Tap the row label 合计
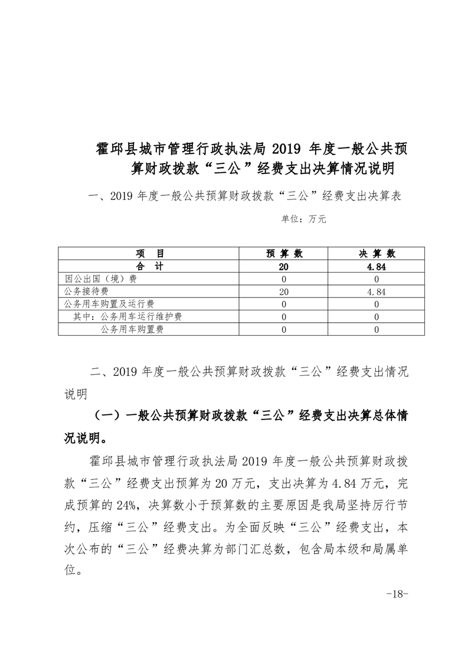tap(149, 266)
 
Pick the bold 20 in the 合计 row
tap(284, 267)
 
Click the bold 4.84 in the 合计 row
tap(377, 267)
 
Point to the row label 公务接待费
tap(85, 291)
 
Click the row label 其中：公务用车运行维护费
tap(127, 317)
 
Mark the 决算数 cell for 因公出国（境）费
tap(377, 279)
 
